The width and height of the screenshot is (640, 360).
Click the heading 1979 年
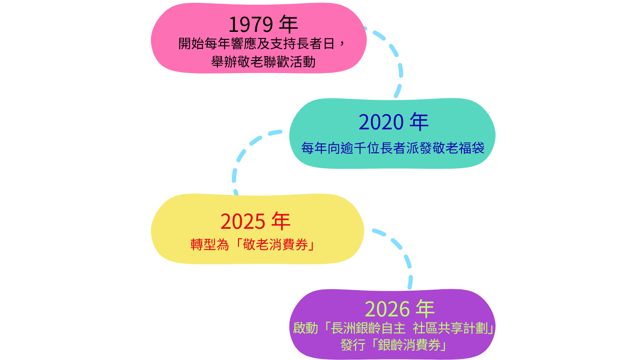(263, 24)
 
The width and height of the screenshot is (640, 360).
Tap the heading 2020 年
(394, 122)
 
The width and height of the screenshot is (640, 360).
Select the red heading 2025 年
(255, 221)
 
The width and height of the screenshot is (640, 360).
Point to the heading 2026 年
(400, 309)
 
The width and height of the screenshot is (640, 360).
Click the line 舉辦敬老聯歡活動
(263, 62)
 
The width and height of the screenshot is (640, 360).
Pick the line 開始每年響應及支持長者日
(256, 44)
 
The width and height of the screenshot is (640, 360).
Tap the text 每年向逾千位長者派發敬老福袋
(393, 148)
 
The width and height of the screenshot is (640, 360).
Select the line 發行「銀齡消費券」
(394, 345)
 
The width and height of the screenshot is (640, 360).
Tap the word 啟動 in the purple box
(305, 328)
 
